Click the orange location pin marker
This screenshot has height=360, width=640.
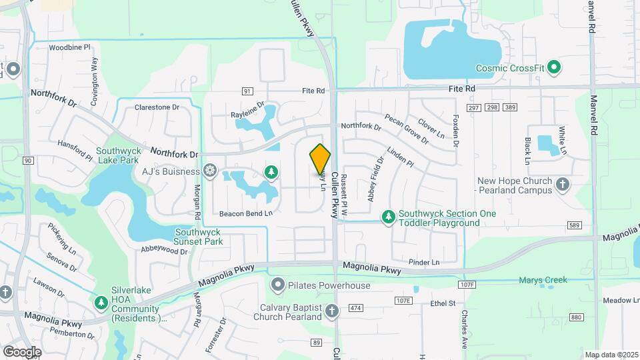tap(320, 159)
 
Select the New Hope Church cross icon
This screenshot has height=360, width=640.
tap(563, 185)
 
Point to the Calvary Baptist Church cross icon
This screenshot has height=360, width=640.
tap(332, 311)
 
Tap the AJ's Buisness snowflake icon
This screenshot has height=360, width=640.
tap(210, 171)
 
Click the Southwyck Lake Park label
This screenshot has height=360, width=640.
tap(117, 155)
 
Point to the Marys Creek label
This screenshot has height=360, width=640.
tap(543, 280)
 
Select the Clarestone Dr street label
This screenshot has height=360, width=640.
tap(157, 107)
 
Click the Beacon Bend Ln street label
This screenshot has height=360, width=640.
tap(246, 213)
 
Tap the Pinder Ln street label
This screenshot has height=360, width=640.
tap(424, 263)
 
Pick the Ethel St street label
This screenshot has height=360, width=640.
tap(442, 303)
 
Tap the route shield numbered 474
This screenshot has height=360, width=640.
tap(355, 308)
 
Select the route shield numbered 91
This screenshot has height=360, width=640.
tap(247, 91)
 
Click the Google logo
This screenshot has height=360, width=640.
tap(22, 351)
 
